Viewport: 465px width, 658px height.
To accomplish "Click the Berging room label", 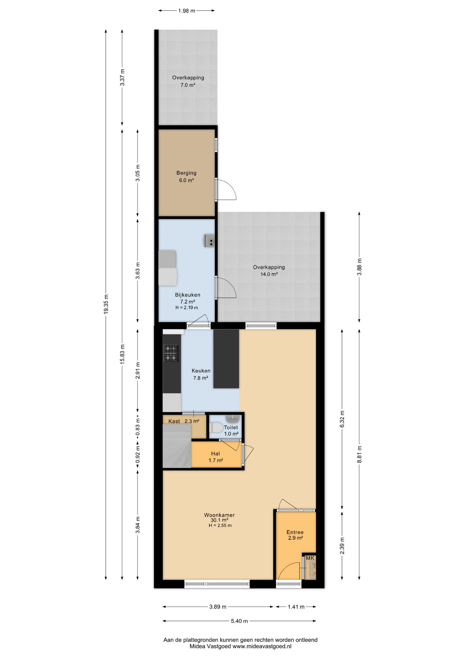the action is point(186,173).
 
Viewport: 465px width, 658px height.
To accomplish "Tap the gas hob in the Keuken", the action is point(171,353).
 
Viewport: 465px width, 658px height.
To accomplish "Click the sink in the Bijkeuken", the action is point(210,241).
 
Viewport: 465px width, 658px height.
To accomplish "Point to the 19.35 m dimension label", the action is point(106,304).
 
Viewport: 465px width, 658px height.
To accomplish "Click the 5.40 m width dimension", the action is point(239,621).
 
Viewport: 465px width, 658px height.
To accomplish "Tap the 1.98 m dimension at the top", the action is point(187,11).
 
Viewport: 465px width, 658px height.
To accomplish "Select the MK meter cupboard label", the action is point(310,558).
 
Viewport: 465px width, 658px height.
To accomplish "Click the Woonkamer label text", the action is point(219,515).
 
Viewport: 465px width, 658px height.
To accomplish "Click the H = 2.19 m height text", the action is point(187,307).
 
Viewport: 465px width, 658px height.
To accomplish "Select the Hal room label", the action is point(215,453).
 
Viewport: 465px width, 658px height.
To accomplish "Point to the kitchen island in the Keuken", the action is point(226,359).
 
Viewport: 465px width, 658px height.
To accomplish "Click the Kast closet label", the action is point(174,421).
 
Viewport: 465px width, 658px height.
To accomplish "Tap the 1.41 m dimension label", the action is point(296,607).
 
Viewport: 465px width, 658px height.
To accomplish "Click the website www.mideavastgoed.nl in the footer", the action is point(262,646).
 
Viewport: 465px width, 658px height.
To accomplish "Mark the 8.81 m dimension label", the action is point(359,454).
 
